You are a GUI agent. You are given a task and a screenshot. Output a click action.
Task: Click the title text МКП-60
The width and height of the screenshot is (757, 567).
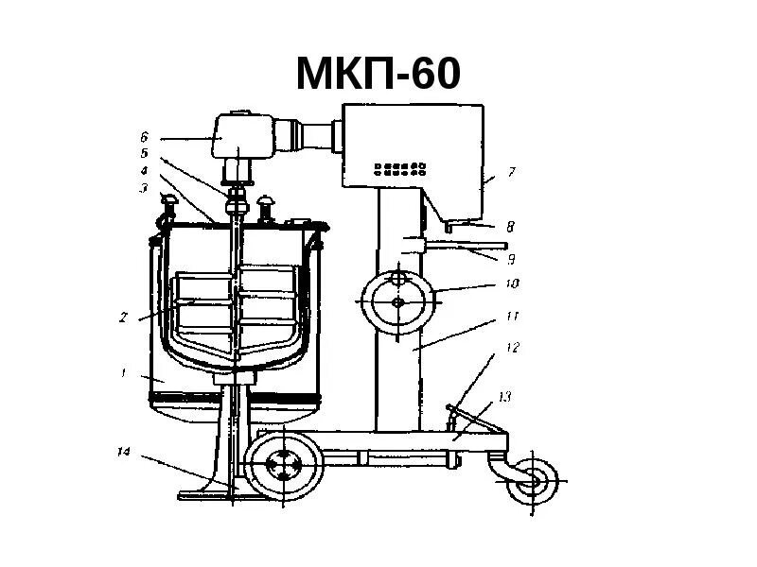[x=378, y=75]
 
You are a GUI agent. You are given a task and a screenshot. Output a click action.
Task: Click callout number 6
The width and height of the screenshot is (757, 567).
[x=145, y=137]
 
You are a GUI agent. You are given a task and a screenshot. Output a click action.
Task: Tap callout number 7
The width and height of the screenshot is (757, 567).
[x=511, y=173]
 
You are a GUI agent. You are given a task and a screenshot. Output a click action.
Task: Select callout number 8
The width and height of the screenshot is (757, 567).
[x=509, y=227]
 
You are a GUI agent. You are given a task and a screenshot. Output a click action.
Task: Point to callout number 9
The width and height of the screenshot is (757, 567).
[x=510, y=257]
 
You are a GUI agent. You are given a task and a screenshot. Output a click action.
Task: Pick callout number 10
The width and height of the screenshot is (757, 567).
[x=512, y=283]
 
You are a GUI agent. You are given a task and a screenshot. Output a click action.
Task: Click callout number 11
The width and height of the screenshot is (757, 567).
[x=512, y=317]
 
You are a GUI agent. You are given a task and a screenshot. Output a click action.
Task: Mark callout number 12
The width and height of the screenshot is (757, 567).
[x=512, y=347]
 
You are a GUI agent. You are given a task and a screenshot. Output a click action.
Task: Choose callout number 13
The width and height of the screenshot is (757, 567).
[x=505, y=396]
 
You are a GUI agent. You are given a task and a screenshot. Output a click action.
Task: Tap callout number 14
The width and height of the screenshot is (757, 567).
[x=123, y=452]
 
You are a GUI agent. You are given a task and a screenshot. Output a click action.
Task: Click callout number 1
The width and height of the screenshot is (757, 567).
[x=123, y=373]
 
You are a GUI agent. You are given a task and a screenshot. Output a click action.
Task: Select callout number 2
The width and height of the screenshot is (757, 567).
[x=123, y=318]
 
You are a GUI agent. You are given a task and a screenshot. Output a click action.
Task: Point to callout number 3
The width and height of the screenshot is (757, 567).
[x=145, y=188]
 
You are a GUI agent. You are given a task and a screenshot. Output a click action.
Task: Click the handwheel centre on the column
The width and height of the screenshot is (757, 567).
[x=397, y=301]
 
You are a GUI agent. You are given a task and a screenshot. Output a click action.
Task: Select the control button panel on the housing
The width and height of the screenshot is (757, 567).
[x=401, y=169]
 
